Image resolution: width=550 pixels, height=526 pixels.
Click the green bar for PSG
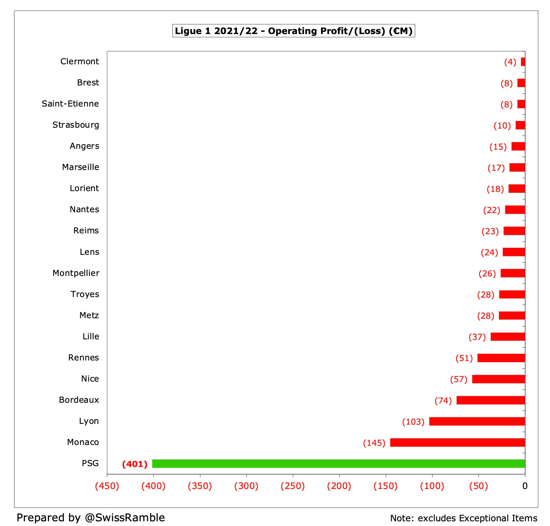[x=338, y=463]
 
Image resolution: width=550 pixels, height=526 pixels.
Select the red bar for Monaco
[x=457, y=442]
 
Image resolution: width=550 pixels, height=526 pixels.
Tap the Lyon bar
[x=477, y=421]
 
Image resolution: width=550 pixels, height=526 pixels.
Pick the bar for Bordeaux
[x=490, y=400]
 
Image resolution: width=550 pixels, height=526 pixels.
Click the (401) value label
[x=135, y=464]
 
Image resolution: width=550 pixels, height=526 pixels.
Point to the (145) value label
[x=374, y=443]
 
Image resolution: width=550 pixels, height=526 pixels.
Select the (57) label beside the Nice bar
[x=459, y=379]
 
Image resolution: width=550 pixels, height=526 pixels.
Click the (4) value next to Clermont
[x=510, y=62]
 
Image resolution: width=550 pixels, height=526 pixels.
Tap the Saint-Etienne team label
[x=70, y=104]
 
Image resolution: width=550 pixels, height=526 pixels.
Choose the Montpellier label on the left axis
[x=76, y=273]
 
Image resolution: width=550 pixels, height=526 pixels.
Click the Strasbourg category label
[x=76, y=125]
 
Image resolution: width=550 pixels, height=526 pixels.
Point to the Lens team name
[x=89, y=252]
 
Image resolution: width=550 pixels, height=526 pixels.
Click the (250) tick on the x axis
[x=293, y=486]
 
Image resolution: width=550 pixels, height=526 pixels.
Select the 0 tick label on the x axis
[x=525, y=486]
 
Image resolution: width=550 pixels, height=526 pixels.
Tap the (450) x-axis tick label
[x=107, y=486]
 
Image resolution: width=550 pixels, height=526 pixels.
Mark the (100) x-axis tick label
[x=432, y=486]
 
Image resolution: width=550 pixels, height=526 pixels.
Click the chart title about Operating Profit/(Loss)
[x=293, y=31]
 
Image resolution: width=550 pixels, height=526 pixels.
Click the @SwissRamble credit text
[x=125, y=517]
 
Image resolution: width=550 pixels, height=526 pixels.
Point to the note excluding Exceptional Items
[x=464, y=518]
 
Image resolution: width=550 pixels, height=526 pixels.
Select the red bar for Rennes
[x=501, y=358]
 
